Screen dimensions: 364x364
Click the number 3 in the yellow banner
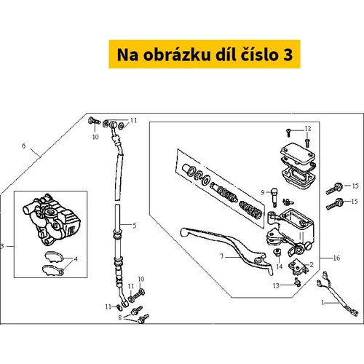[288, 55]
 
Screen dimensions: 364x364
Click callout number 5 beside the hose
[135, 226]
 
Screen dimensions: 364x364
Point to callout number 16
[336, 258]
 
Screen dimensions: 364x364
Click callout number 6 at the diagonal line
[23, 146]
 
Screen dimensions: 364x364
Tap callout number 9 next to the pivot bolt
[263, 192]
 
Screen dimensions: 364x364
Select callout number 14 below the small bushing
[280, 266]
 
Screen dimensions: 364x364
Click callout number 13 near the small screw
[276, 286]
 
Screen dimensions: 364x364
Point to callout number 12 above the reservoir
[308, 129]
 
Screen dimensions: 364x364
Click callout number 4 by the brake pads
[76, 259]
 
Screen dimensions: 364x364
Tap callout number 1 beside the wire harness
[323, 303]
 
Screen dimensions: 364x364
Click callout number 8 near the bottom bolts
[120, 317]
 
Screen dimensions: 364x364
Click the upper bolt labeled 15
[334, 189]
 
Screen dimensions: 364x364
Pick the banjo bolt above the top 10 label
[94, 121]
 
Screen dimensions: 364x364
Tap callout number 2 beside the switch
[312, 264]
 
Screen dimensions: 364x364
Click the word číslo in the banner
[259, 55]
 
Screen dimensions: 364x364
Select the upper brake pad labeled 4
[54, 257]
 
